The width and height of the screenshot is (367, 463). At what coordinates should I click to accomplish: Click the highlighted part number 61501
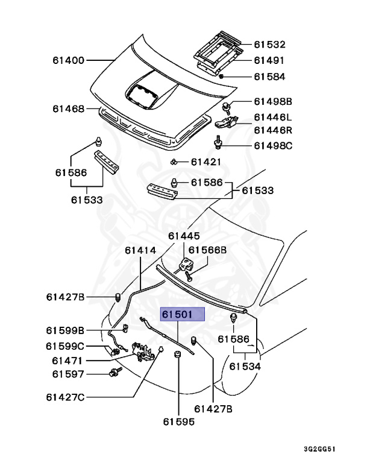(181, 315)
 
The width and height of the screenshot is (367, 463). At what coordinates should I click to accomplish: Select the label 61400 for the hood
(68, 60)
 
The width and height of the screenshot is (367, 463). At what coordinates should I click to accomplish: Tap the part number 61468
(68, 109)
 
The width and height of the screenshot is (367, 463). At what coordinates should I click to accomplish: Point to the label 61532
(269, 45)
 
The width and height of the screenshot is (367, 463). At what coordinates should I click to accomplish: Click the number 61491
(269, 60)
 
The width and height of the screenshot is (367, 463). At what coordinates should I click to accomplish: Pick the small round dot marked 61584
(222, 77)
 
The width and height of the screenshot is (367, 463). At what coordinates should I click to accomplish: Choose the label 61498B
(272, 101)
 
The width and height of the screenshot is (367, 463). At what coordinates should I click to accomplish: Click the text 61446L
(272, 117)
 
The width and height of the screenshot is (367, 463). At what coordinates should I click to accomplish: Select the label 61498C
(272, 145)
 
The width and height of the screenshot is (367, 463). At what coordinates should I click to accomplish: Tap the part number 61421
(207, 162)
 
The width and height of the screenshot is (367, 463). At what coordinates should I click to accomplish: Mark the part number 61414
(140, 250)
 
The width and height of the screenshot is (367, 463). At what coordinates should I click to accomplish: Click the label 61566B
(208, 250)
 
